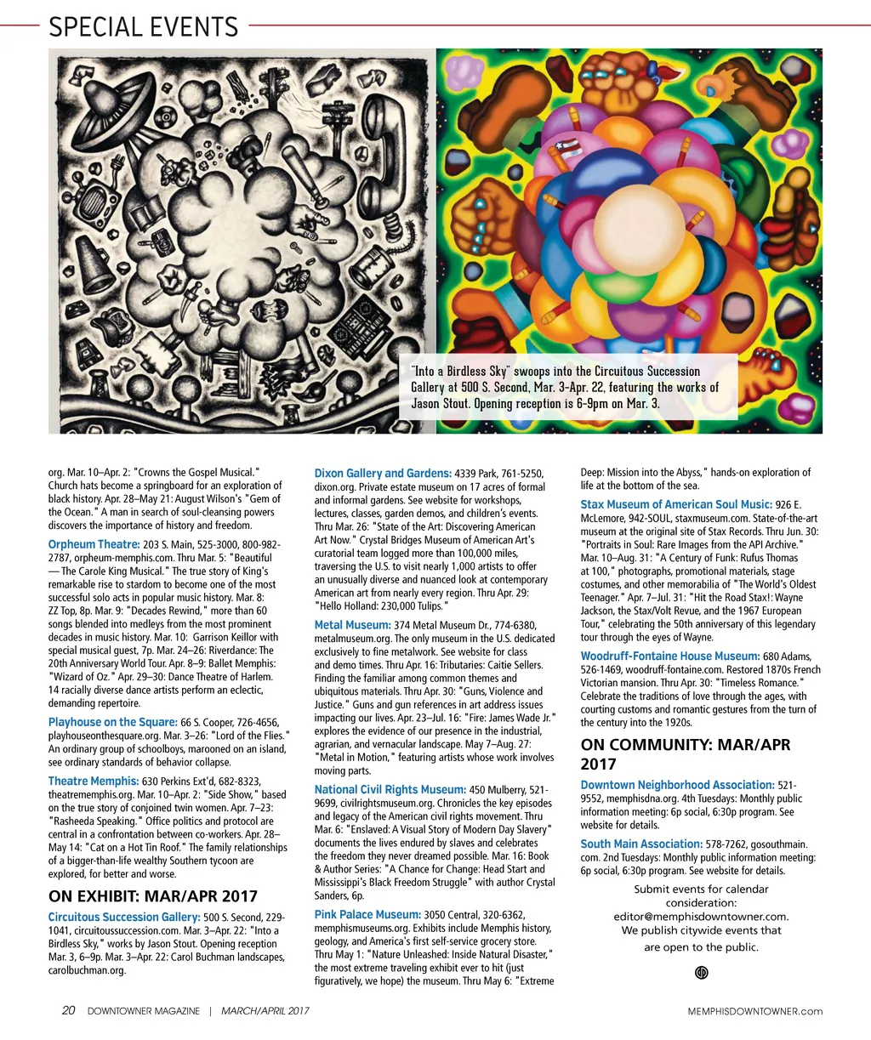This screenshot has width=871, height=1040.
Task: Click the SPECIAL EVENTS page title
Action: [143, 26]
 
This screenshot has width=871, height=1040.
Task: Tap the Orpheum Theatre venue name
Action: [94, 544]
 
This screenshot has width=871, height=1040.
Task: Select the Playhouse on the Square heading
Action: [112, 722]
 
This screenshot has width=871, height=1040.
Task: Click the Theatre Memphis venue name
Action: [94, 781]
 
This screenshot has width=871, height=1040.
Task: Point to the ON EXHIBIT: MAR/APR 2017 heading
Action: [152, 895]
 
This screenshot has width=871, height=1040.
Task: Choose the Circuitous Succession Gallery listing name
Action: [124, 917]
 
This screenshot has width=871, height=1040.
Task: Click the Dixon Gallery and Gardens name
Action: [383, 473]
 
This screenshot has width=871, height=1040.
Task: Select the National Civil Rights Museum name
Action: [390, 790]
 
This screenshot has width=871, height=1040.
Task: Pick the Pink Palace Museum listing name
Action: [367, 914]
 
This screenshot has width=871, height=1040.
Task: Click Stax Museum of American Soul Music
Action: [676, 504]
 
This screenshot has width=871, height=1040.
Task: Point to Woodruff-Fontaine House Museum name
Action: [670, 656]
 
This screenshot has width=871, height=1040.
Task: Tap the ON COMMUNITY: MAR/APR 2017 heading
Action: [685, 754]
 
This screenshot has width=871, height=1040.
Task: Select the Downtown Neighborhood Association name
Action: [677, 785]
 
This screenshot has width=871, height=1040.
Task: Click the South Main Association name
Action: [641, 844]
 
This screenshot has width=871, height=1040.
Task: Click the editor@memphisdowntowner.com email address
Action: [701, 917]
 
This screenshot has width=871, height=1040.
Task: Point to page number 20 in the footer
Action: [69, 1011]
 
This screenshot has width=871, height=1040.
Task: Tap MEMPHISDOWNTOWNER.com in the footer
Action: [755, 1011]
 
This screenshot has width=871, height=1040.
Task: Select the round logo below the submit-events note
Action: [702, 973]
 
